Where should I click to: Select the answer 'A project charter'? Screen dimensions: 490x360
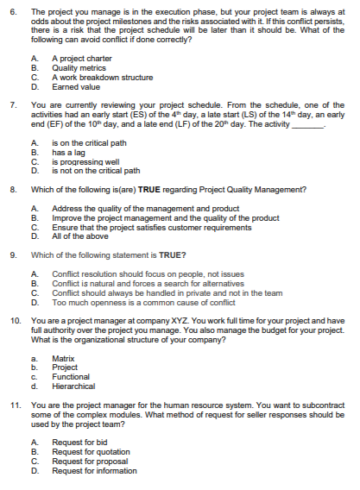(x=77, y=58)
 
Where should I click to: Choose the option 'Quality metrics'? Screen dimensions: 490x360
(x=73, y=66)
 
